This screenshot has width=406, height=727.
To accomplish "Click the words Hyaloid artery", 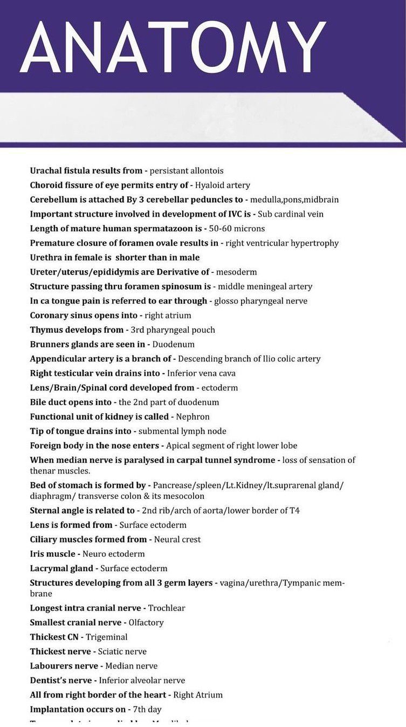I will pyautogui.click(x=222, y=185).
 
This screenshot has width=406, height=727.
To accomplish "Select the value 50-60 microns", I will pyautogui.click(x=237, y=229).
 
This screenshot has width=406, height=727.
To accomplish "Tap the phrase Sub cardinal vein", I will pyautogui.click(x=291, y=214).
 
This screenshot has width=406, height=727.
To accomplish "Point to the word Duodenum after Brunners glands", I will pyautogui.click(x=174, y=344).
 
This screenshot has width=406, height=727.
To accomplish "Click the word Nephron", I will pyautogui.click(x=192, y=417).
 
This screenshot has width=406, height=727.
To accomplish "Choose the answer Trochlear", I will pyautogui.click(x=167, y=608).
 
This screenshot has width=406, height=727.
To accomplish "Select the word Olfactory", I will pyautogui.click(x=146, y=623).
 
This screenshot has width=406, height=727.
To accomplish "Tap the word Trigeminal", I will pyautogui.click(x=107, y=637).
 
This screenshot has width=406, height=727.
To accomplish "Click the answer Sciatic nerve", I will pyautogui.click(x=122, y=651).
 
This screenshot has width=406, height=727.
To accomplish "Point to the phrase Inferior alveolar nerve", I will pyautogui.click(x=142, y=681).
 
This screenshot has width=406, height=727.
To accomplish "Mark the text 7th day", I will pyautogui.click(x=147, y=710).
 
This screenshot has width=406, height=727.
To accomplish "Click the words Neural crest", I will pyautogui.click(x=177, y=539).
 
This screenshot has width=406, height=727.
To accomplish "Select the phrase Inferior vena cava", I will pyautogui.click(x=201, y=373).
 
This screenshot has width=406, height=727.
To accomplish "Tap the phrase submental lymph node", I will pyautogui.click(x=182, y=431).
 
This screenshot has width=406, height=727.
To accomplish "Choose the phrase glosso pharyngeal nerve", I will pyautogui.click(x=261, y=301).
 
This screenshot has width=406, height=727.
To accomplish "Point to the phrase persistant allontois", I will pyautogui.click(x=187, y=170).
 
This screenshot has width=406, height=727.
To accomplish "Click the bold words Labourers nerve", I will pyautogui.click(x=64, y=666).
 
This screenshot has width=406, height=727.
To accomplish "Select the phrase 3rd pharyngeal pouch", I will pyautogui.click(x=173, y=330).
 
